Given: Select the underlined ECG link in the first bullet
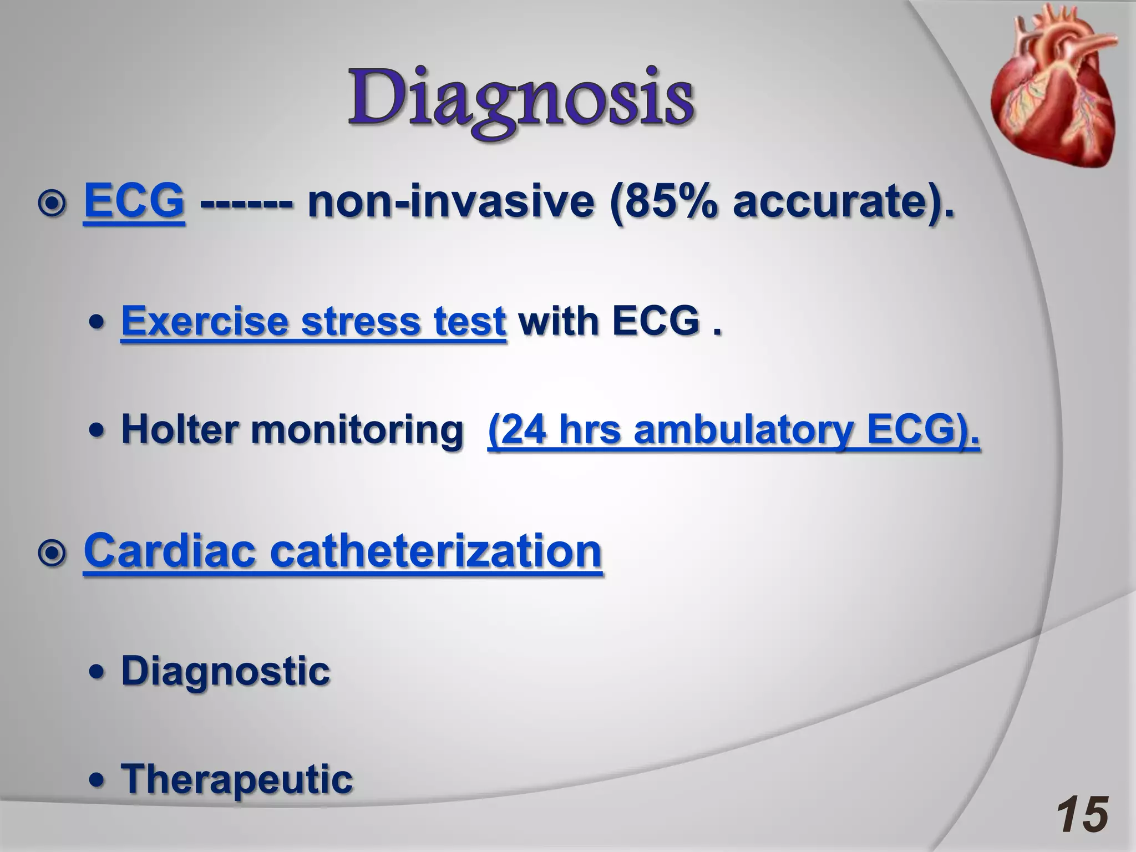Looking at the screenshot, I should [x=134, y=201].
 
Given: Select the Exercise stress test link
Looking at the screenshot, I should [x=313, y=322].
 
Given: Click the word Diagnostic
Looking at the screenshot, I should [x=225, y=671].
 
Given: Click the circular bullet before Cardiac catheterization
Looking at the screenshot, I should [x=53, y=554].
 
